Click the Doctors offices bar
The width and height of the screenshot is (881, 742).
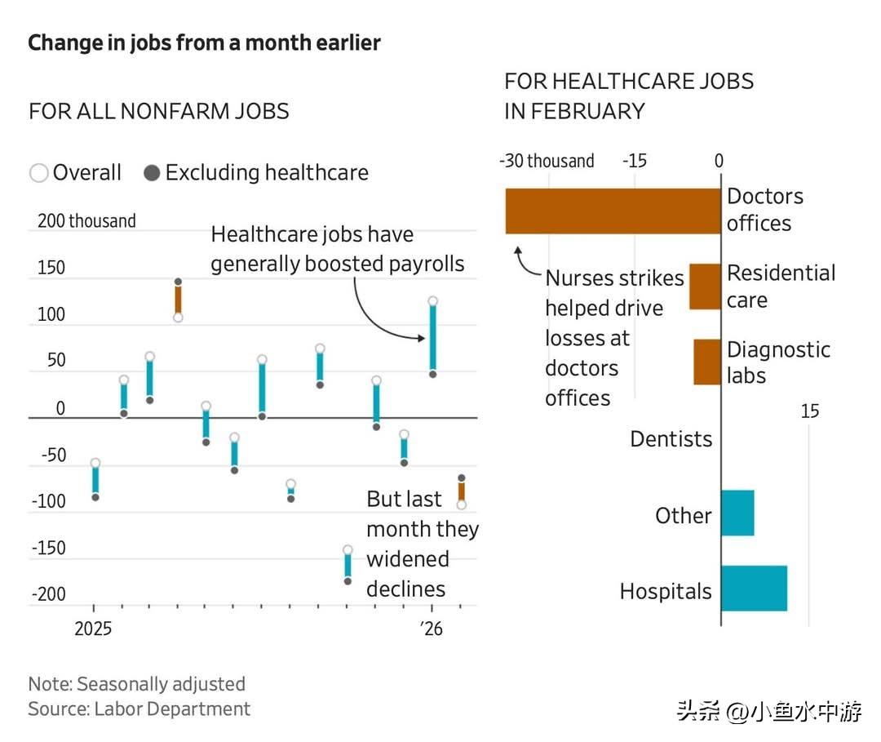613,211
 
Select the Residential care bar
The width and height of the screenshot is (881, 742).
705,287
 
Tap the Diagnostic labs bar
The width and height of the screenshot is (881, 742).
707,362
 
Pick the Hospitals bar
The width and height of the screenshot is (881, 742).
754,588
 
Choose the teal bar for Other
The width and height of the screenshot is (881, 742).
737,513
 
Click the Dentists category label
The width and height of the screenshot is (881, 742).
671,439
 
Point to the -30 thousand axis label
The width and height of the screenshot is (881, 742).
547,161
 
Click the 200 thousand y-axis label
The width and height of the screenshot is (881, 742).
86,221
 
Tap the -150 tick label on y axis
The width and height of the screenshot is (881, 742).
49,548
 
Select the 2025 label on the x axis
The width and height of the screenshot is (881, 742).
95,630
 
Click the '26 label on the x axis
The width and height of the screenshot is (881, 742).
432,630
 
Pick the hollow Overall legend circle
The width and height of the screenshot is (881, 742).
38,173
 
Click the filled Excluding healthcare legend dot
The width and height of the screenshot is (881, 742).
152,173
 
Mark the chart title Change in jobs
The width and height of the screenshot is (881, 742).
204,42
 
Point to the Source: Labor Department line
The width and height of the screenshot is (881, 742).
139,709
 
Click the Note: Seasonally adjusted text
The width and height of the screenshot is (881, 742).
136,683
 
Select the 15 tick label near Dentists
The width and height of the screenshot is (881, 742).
809,411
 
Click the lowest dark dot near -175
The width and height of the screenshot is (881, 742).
348,580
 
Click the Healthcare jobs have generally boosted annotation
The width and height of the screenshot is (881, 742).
338,249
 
